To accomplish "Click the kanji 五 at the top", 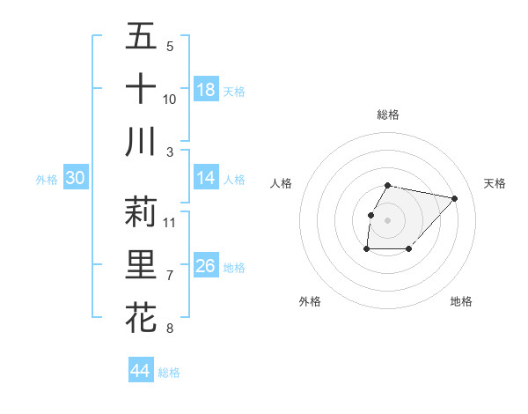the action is tap(141, 37).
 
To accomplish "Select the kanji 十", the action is tap(141, 88).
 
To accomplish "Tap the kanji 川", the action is tap(141, 141).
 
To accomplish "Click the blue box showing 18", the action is tap(206, 90).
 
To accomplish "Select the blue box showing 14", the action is tap(206, 178).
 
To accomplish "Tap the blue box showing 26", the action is tap(206, 266).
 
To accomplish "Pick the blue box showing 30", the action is tap(76, 178).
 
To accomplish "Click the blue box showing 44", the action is tap(140, 371).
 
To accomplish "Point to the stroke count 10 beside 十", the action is tap(170, 99).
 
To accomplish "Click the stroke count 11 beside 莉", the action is tap(170, 222).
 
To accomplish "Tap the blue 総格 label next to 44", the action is tap(169, 373).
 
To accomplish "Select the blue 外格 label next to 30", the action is tap(47, 180).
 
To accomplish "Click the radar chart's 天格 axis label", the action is tap(495, 183).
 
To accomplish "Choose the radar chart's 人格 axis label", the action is tap(282, 183).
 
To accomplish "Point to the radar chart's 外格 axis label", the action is tap(310, 301).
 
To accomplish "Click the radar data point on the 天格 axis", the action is tap(454, 198).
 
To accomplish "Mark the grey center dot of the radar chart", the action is tap(388, 219).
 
